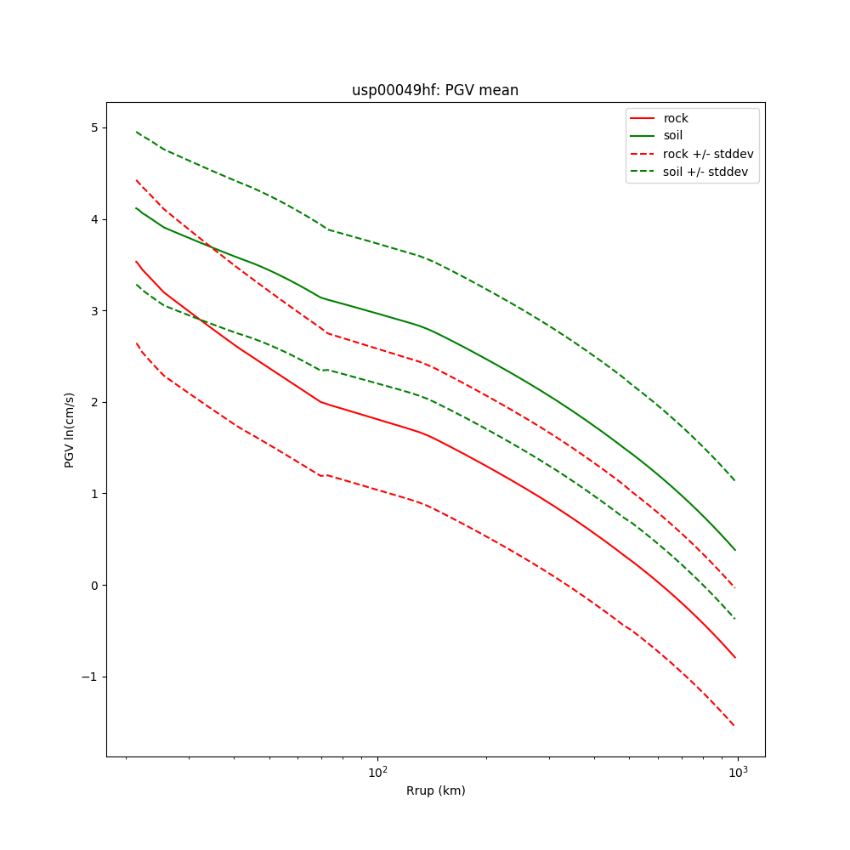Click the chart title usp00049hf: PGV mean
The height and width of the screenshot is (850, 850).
tap(435, 90)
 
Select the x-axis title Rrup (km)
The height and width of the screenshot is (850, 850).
tap(435, 790)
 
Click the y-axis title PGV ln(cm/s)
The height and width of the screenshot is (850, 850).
tap(70, 429)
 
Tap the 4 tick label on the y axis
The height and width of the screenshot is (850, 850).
tap(94, 219)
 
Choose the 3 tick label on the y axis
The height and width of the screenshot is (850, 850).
tap(94, 311)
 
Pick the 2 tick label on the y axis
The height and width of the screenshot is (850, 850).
tap(94, 402)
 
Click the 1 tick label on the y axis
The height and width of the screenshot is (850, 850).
tap(94, 494)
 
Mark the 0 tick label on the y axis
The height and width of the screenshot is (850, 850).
tap(94, 585)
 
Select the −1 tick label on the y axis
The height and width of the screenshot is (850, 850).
tap(91, 677)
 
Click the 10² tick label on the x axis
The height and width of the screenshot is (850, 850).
tap(377, 772)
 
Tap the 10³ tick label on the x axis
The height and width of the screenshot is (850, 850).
tap(738, 772)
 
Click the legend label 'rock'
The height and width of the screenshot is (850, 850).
tap(676, 118)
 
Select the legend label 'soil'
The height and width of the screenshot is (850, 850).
tap(673, 136)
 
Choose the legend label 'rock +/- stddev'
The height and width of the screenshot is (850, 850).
tap(708, 154)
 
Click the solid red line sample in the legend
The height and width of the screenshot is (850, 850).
tap(643, 118)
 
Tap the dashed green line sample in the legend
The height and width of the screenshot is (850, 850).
tap(643, 172)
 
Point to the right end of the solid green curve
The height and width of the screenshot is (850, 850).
tap(735, 550)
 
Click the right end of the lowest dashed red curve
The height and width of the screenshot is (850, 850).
tap(734, 726)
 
